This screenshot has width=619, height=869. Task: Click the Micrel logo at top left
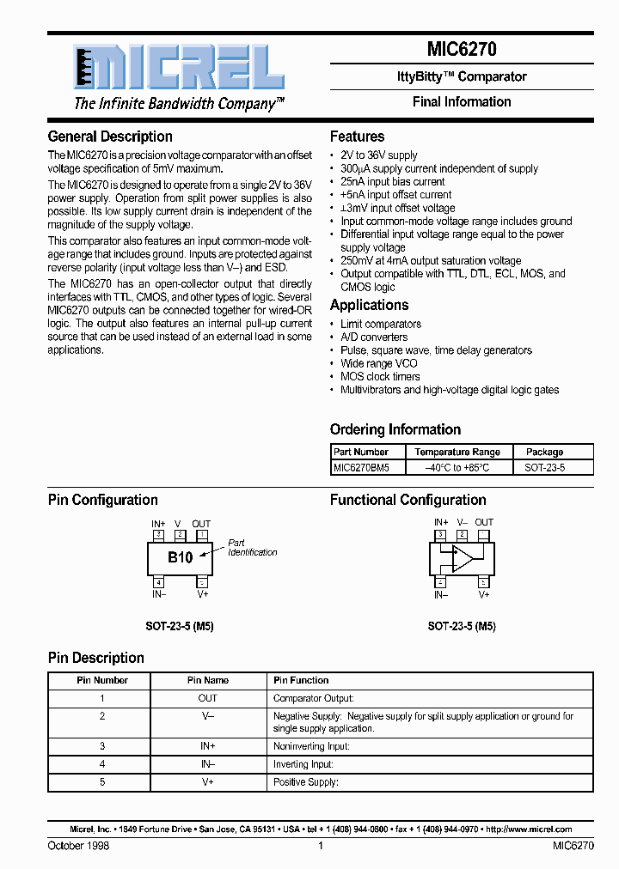[177, 68]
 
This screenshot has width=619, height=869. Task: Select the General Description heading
[110, 137]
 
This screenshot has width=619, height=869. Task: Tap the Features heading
[357, 137]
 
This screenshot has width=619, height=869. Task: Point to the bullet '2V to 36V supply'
[378, 155]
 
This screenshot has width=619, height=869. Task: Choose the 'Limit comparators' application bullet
[380, 324]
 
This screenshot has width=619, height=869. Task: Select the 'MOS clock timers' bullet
[380, 376]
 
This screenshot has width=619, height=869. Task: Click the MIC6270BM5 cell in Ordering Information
[361, 468]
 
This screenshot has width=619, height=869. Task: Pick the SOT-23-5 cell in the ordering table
[545, 468]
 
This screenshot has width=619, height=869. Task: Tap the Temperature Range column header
[457, 452]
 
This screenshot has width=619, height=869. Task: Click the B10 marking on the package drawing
[180, 557]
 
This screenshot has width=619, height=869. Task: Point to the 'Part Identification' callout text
[252, 548]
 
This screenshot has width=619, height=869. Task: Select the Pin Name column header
[208, 680]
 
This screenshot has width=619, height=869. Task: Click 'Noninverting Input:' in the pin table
[311, 746]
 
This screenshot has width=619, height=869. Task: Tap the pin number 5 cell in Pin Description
[102, 781]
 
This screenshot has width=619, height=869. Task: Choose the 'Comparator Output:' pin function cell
[313, 698]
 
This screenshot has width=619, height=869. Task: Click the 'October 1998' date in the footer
[78, 846]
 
